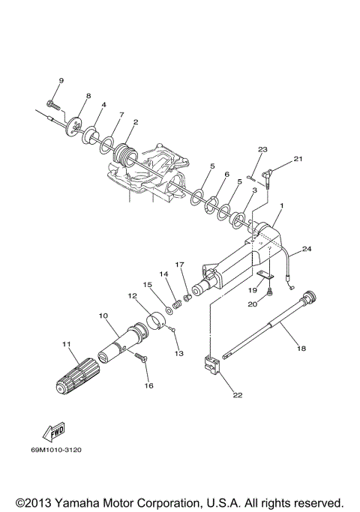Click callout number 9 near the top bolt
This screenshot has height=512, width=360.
click(61, 80)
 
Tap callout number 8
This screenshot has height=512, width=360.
click(88, 97)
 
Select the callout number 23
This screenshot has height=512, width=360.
click(262, 149)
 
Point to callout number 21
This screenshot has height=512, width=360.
click(298, 159)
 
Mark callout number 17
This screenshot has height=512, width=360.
click(179, 264)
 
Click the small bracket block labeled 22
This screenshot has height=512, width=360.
click(211, 366)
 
